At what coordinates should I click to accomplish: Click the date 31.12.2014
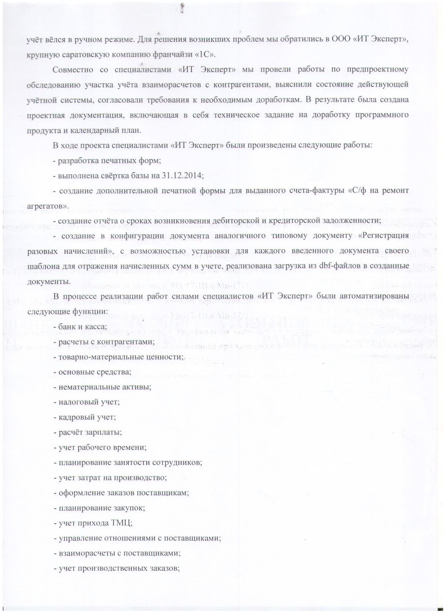coord(182,175)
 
